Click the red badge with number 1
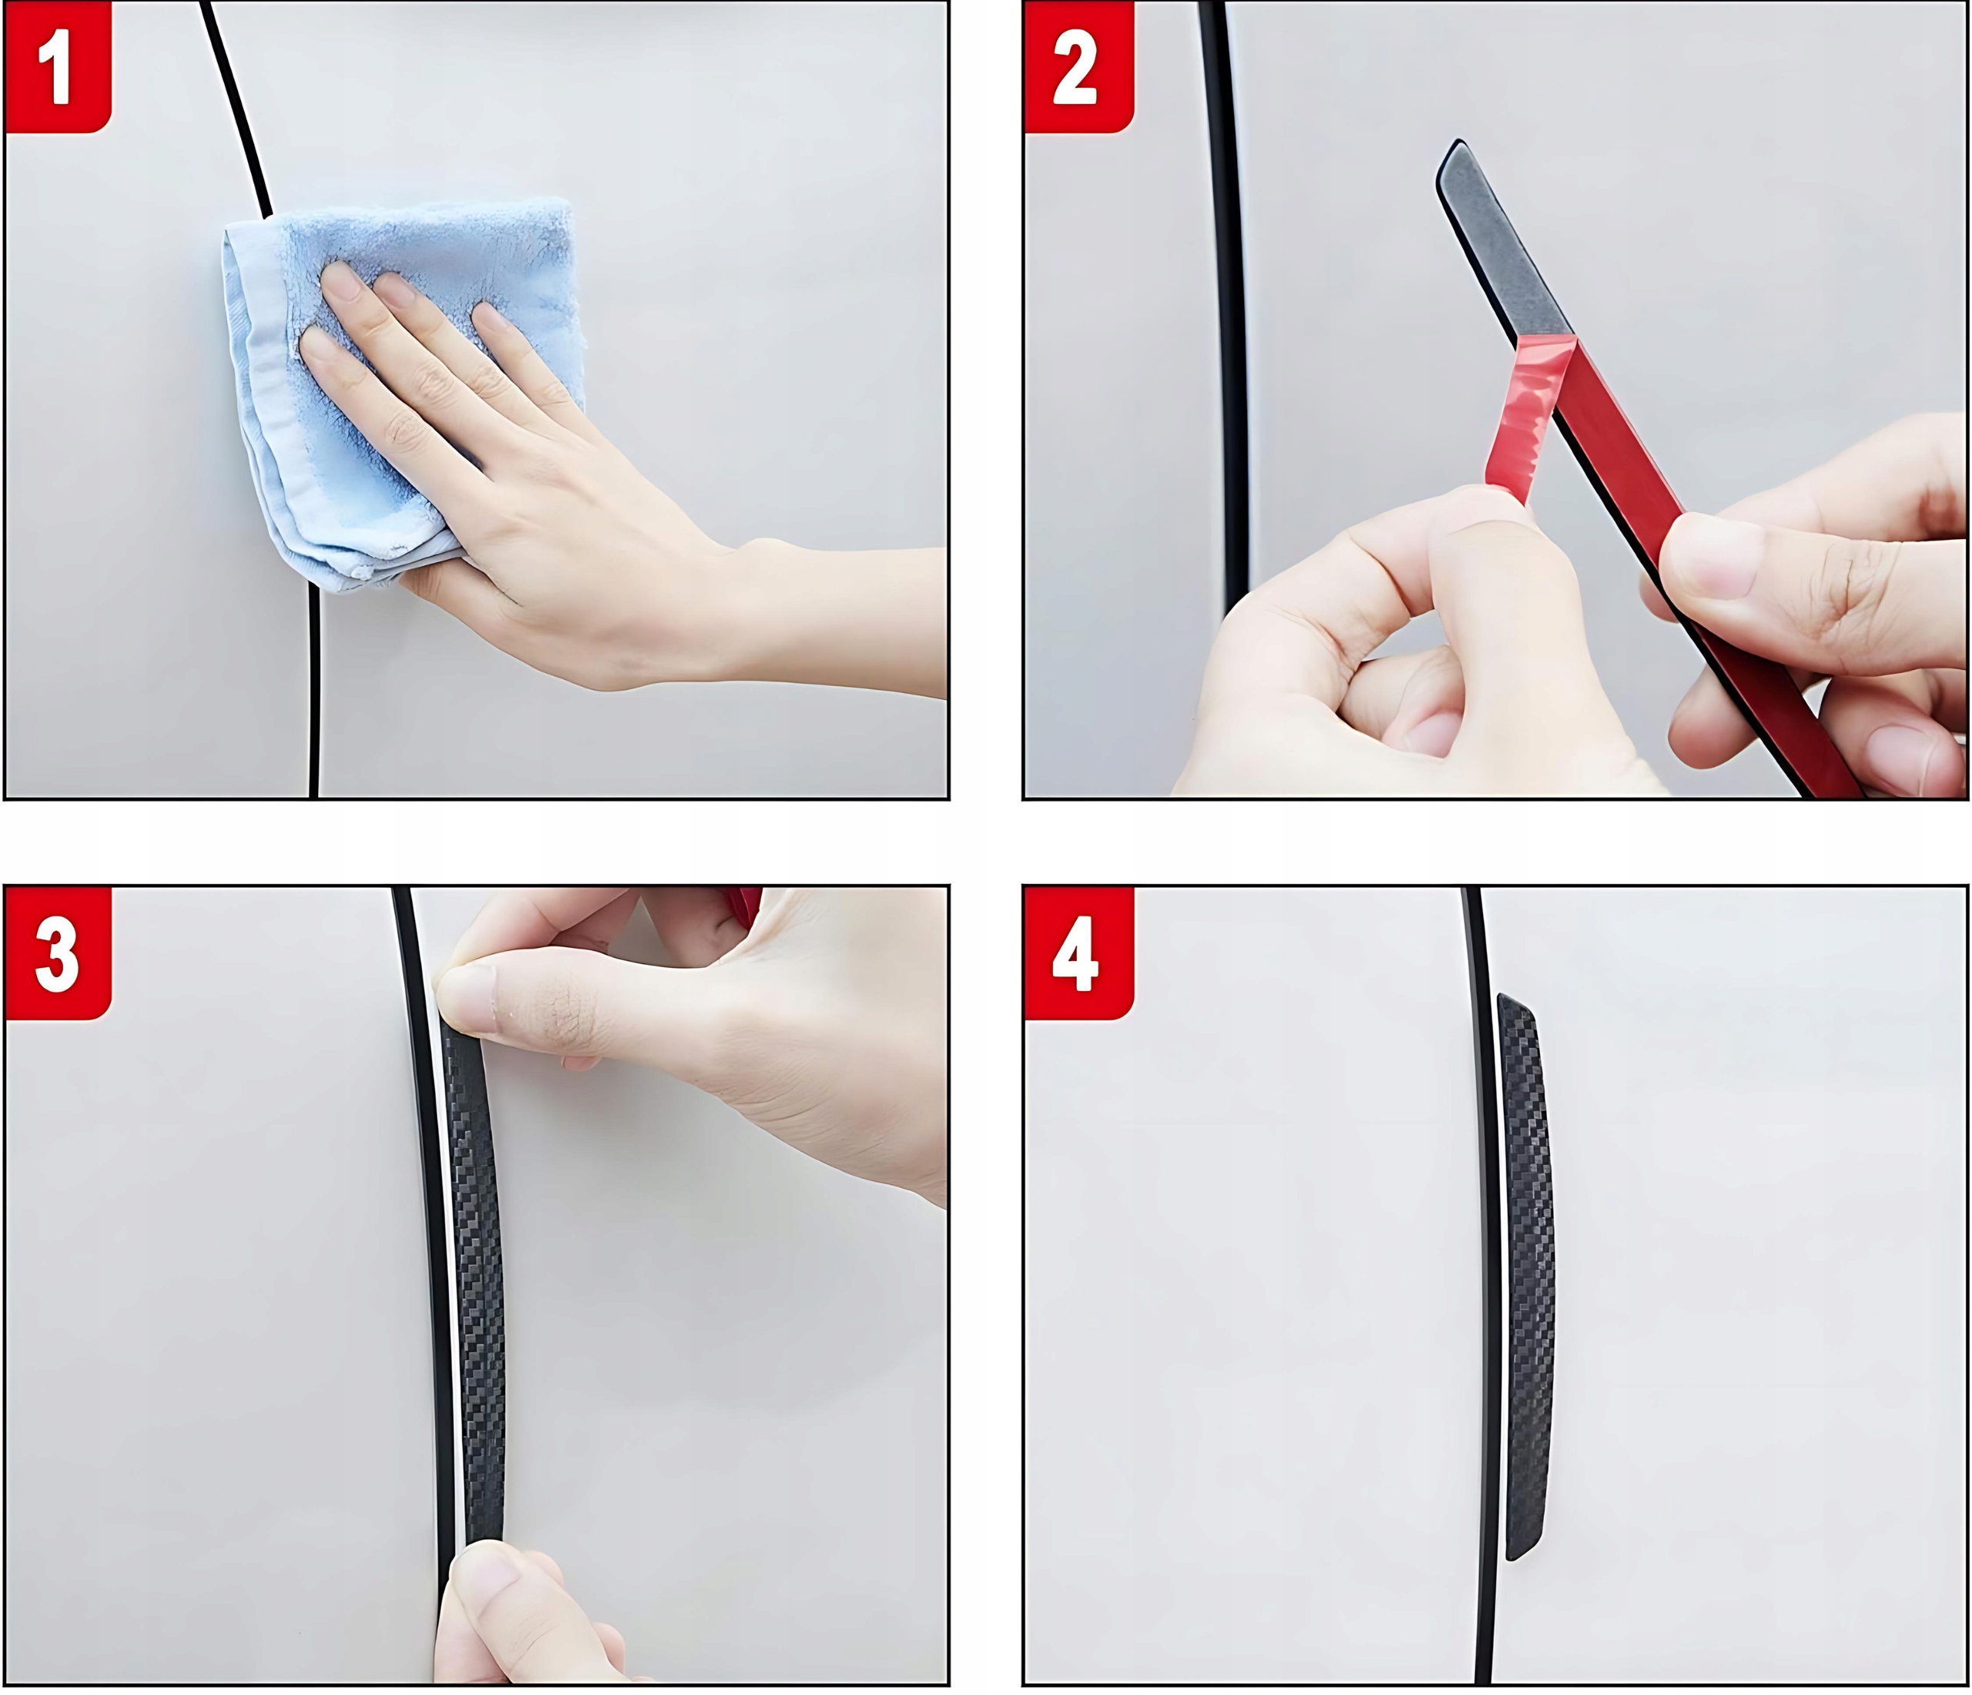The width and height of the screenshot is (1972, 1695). click(58, 67)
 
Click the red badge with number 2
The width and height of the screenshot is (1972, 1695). click(1078, 67)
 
